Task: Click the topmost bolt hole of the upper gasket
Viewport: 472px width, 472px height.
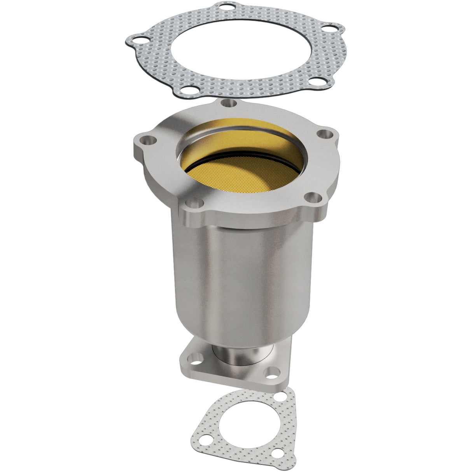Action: point(223,7)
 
